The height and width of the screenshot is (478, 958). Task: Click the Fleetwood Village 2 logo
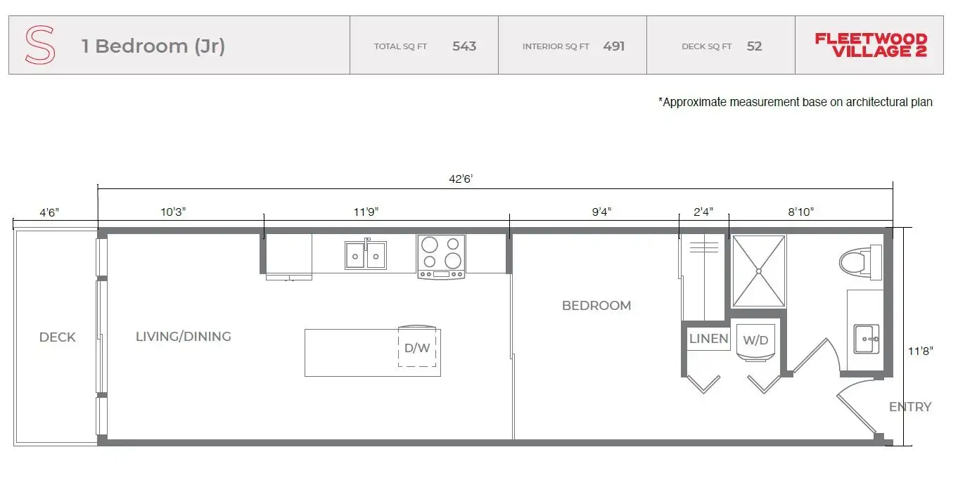coord(871,45)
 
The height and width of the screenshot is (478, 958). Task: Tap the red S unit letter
coord(40,45)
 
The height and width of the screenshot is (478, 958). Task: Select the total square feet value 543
coord(464,46)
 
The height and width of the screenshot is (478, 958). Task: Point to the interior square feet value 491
coord(614,46)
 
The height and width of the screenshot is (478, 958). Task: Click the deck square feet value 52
coord(754,46)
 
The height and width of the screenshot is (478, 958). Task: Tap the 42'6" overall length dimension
coord(461,179)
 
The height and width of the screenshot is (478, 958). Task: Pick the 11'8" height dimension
coord(920,351)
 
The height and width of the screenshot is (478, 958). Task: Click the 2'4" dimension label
coord(703,212)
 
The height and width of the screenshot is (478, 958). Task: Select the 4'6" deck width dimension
coord(49,212)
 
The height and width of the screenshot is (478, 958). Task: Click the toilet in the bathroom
coord(860,262)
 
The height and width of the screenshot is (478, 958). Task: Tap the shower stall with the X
coord(759,271)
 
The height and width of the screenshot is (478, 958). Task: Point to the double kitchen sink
coord(366,255)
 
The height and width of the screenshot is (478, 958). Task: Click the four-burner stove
coord(441,257)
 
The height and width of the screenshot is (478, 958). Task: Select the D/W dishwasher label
coord(417,348)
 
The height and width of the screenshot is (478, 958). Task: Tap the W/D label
coord(755,340)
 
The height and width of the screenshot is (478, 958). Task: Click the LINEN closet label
coord(709,339)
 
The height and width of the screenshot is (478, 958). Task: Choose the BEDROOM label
coord(596,306)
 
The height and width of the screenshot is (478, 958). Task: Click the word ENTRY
coord(910,406)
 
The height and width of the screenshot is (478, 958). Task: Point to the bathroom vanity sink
coord(867,339)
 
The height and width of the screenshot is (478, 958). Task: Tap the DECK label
coord(57,337)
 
